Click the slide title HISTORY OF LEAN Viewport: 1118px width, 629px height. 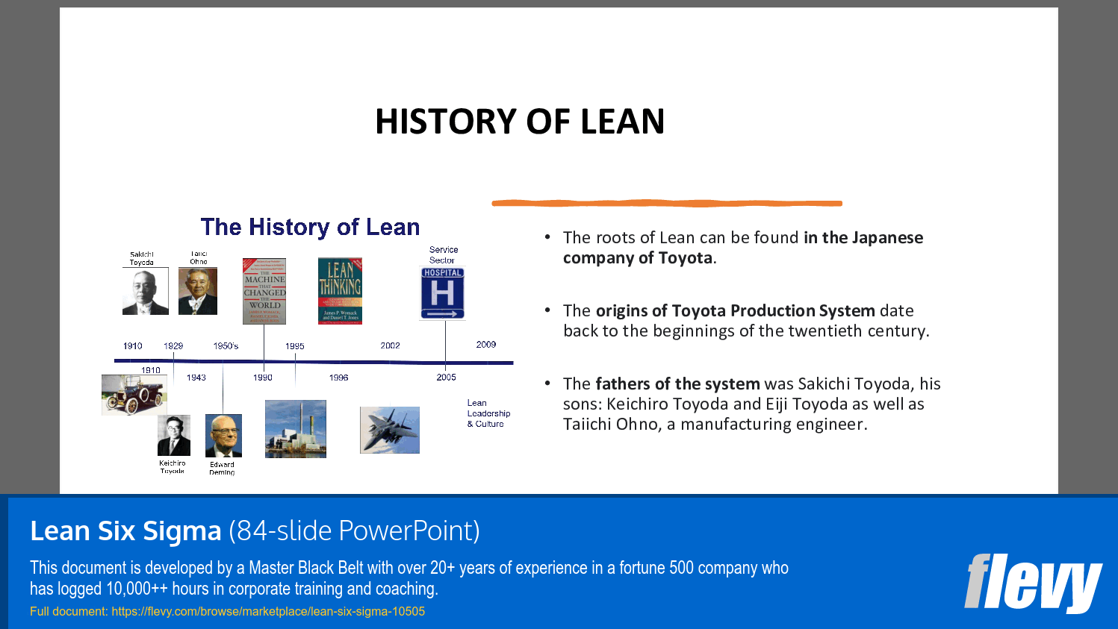click(520, 122)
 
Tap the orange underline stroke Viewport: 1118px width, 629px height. click(666, 203)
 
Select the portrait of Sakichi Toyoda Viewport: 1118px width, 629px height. click(145, 291)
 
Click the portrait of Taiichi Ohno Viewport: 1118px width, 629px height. click(198, 291)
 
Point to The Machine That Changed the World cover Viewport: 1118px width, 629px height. click(264, 291)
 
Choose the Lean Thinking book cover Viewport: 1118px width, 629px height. click(340, 291)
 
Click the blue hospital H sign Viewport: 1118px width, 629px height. click(442, 293)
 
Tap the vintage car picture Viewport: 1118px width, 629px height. click(133, 394)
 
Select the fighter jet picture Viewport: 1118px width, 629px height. click(389, 430)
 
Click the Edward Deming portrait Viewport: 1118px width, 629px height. click(223, 436)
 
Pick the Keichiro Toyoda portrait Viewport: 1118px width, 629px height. click(174, 435)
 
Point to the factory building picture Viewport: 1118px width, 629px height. click(296, 429)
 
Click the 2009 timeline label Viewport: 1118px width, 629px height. click(486, 345)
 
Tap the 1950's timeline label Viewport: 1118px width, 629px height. click(226, 346)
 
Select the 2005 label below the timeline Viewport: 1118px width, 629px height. click(446, 378)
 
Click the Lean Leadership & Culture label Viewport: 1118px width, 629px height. click(488, 413)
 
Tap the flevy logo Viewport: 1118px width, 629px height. click(1032, 582)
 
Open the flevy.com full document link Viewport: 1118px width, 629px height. click(268, 611)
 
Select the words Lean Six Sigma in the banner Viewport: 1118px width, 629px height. click(125, 531)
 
